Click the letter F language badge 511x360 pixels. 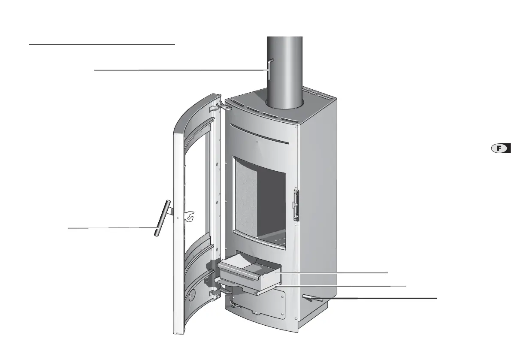tap(501, 148)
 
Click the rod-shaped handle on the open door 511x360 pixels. tap(162, 218)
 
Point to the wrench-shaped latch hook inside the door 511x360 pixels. tap(189, 216)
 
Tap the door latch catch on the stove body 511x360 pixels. tap(296, 205)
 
